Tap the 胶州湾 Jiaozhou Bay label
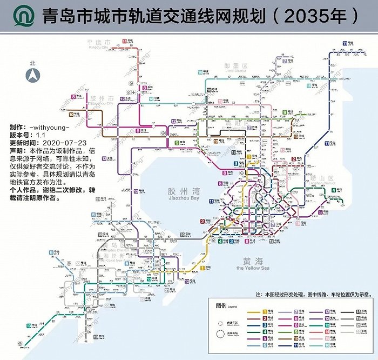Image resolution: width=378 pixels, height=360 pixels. tap(183, 194)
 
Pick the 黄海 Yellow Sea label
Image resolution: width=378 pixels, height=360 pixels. tap(252, 263)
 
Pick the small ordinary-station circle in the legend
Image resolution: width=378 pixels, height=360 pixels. tap(221, 322)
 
